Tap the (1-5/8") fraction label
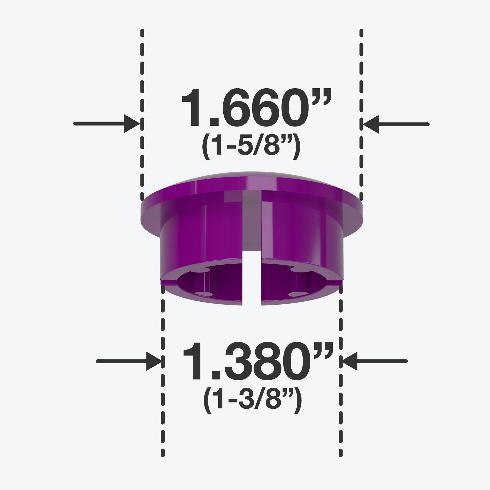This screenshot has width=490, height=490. (x=251, y=149)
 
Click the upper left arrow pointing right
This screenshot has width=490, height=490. (x=107, y=124)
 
